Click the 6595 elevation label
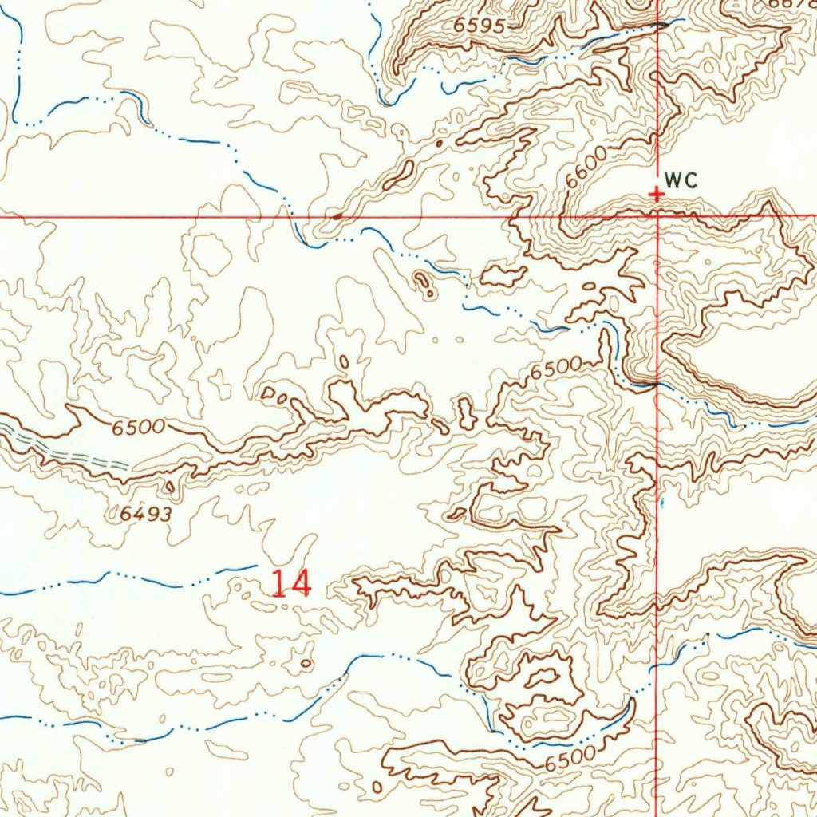point(480,26)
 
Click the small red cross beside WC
point(656,194)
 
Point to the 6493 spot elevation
point(146,515)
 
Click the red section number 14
point(290,583)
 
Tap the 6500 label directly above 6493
point(138,428)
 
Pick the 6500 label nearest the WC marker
point(557,369)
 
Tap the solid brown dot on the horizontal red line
point(337,215)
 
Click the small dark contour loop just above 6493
point(170,485)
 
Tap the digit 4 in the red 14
point(300,583)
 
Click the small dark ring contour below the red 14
point(306,662)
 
